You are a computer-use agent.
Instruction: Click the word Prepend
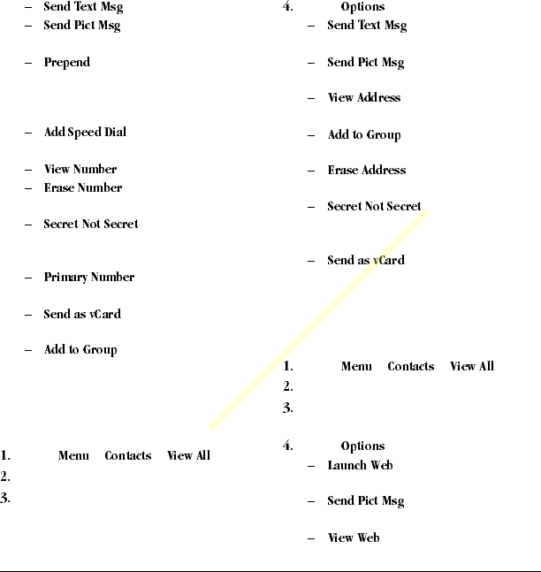67,63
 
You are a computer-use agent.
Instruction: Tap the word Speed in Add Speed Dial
88,133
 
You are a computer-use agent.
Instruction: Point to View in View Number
57,170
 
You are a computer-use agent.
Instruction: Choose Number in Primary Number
114,278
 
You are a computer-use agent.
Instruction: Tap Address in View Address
379,98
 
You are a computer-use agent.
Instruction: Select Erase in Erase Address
342,171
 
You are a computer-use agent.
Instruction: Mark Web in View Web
368,538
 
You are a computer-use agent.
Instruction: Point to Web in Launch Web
382,466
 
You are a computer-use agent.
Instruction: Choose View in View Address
340,98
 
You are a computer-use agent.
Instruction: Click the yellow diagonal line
319,321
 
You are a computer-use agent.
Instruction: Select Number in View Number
95,170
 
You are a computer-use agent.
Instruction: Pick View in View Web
340,538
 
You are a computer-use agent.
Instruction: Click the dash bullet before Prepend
30,64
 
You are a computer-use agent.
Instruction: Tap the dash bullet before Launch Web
312,466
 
